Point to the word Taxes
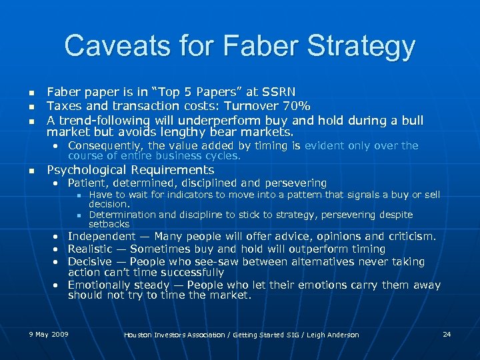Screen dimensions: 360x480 coord(62,105)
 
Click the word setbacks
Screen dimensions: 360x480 coord(109,224)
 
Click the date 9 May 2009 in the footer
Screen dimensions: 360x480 coord(49,333)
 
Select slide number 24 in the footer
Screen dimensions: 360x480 coord(447,333)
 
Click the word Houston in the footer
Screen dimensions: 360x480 coord(139,335)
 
